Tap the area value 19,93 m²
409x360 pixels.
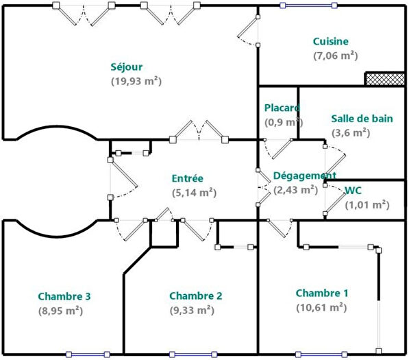click(136, 81)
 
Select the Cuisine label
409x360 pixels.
click(330, 41)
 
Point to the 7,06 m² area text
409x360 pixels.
click(335, 56)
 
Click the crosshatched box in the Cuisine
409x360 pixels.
click(384, 79)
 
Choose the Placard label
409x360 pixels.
click(282, 108)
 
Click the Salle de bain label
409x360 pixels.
click(362, 118)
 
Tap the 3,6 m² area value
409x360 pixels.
click(351, 133)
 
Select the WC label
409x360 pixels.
click(353, 190)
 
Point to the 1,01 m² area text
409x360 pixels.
click(367, 204)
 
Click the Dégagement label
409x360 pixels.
click(303, 176)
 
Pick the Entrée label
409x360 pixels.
click(188, 178)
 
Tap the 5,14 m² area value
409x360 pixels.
click(194, 193)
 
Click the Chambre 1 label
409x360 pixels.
click(322, 293)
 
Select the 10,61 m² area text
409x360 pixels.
click(321, 308)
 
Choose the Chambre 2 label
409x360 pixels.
click(195, 296)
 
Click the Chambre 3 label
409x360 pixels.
click(64, 296)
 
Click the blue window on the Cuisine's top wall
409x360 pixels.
click(302, 6)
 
